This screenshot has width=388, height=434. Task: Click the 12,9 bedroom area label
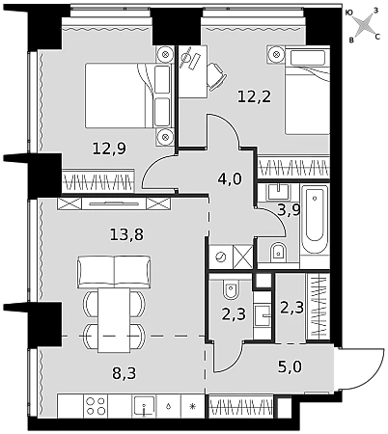point(109,149)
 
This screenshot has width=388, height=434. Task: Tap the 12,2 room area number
point(255,96)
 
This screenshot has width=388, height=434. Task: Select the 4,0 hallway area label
point(230,179)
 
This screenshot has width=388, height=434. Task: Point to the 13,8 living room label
point(126,234)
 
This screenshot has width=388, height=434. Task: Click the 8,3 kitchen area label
point(125,373)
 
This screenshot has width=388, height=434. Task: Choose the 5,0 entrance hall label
point(290,366)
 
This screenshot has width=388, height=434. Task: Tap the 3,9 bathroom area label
point(289,210)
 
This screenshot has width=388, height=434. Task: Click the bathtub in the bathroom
point(315,220)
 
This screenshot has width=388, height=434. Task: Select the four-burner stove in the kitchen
point(96,406)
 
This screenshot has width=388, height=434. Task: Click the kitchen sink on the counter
point(145,406)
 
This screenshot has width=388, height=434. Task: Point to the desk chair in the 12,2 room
point(214,75)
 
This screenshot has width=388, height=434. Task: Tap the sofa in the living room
point(114,272)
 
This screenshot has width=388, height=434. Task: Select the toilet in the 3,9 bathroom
point(278,252)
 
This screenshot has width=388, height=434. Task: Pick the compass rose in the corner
point(363,25)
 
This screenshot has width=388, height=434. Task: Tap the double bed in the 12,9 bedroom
point(127,95)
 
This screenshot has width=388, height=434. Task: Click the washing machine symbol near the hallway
point(221,257)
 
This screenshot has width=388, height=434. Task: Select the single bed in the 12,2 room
point(307,91)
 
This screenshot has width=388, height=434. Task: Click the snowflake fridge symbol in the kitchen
point(192,406)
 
